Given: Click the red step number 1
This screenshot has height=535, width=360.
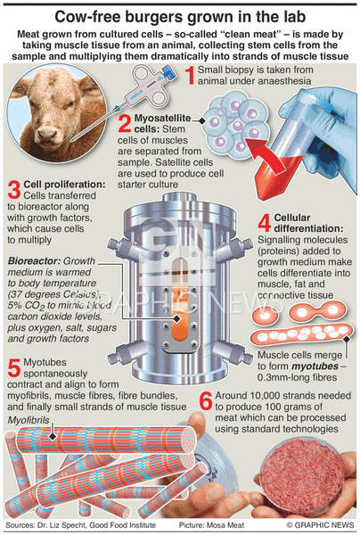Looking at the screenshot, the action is tap(190, 75).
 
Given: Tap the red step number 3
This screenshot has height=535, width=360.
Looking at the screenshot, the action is tap(14, 190).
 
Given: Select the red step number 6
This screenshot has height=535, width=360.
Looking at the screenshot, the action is tap(206, 401).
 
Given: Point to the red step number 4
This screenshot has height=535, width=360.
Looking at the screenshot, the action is tap(265, 223).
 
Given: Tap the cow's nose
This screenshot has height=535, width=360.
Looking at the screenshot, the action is tap(49, 132).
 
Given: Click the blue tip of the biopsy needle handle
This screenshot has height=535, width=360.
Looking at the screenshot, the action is tap(168, 72).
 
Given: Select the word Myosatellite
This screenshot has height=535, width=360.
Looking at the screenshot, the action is tap(162, 118).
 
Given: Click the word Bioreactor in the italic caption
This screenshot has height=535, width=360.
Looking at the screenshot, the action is tap(34, 261).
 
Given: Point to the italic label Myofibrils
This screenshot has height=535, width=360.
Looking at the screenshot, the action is tap(29, 420).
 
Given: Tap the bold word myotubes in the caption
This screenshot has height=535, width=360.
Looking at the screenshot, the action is tap(315, 366).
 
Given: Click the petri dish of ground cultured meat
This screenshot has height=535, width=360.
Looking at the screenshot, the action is tap(302, 475).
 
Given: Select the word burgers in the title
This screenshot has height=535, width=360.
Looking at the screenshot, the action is tap(152, 17).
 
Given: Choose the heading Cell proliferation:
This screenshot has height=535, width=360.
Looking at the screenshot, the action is tap(65, 185).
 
